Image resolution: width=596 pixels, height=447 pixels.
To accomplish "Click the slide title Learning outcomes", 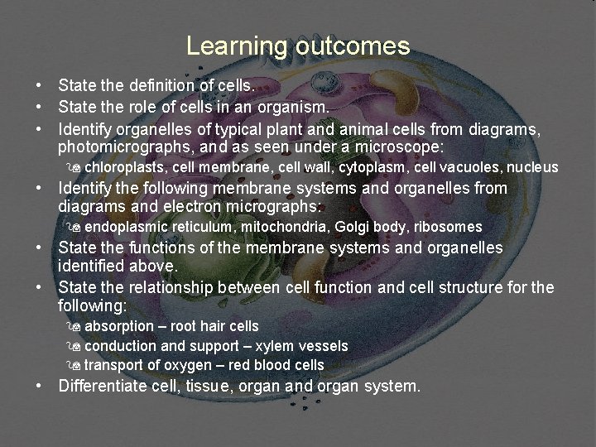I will tap(298, 46).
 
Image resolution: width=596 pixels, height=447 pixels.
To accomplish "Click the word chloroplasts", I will tap(125, 168).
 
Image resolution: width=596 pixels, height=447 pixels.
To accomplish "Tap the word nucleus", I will tap(533, 168).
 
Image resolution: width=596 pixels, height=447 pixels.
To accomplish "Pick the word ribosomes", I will tap(448, 227).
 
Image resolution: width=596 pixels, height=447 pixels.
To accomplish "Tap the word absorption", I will tap(119, 327).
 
